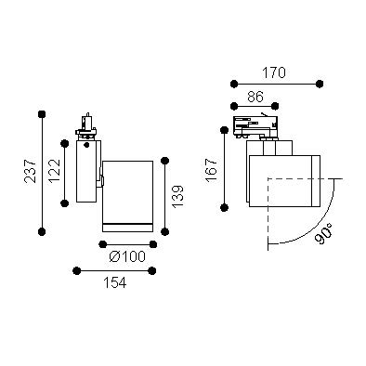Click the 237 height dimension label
click(x=31, y=171)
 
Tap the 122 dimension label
click(x=55, y=171)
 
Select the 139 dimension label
click(x=177, y=197)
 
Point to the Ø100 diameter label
click(x=127, y=256)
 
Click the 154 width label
click(x=115, y=282)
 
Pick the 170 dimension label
click(x=274, y=73)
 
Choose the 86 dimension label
click(x=255, y=97)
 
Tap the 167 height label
click(x=211, y=170)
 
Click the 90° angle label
click(x=323, y=234)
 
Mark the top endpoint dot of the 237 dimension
click(x=42, y=114)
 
